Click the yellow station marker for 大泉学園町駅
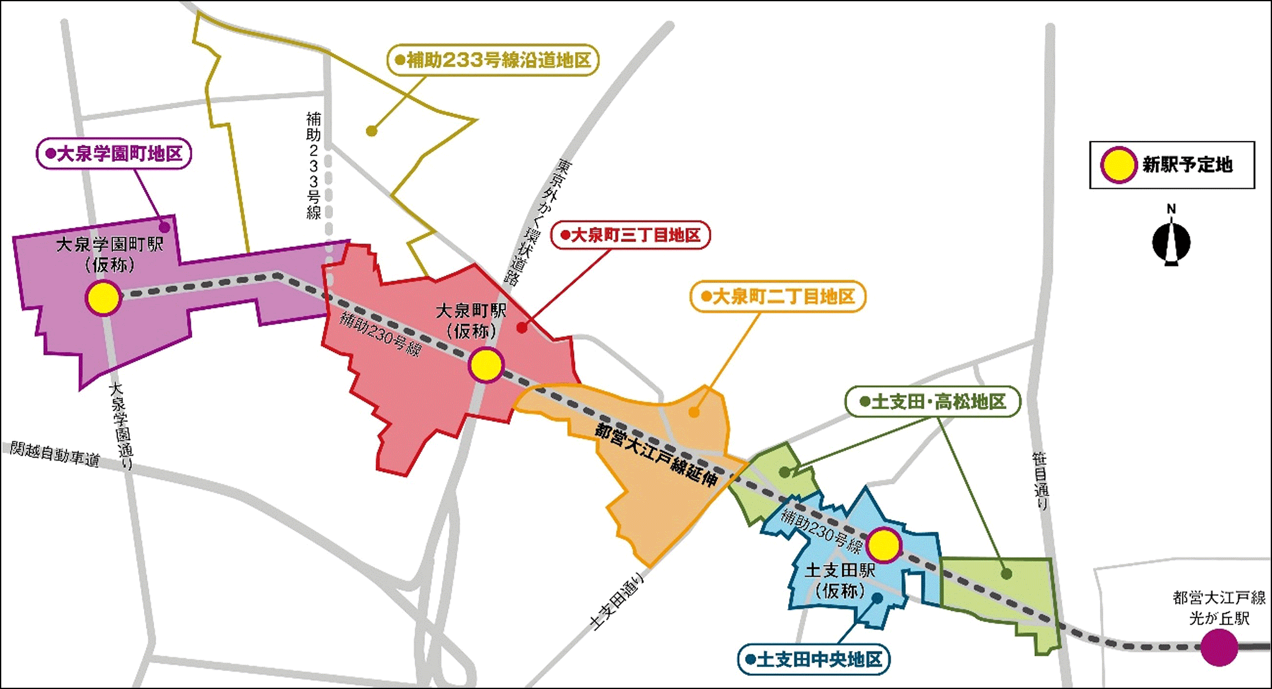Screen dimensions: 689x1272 [x=103, y=298]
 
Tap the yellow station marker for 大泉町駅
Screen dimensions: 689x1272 [x=486, y=365]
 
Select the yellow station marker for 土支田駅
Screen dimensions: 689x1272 [x=883, y=546]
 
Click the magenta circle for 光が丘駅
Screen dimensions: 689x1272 [x=1219, y=647]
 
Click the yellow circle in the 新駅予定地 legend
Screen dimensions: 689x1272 [x=1119, y=165]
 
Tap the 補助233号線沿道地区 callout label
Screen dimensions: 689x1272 [x=493, y=60]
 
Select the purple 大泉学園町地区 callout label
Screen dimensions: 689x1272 [x=114, y=153]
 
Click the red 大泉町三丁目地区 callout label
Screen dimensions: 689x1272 [x=630, y=235]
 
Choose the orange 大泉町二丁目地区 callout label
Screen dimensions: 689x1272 [x=778, y=297]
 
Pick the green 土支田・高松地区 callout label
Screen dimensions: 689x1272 [x=932, y=402]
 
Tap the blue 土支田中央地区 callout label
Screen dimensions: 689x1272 [x=814, y=659]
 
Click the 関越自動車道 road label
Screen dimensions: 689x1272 [x=55, y=454]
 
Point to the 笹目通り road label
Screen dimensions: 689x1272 [x=1040, y=481]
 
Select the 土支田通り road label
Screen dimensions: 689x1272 [x=617, y=601]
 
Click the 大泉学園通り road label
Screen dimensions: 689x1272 [x=121, y=426]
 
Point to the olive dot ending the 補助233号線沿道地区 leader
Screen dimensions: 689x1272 [x=371, y=131]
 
